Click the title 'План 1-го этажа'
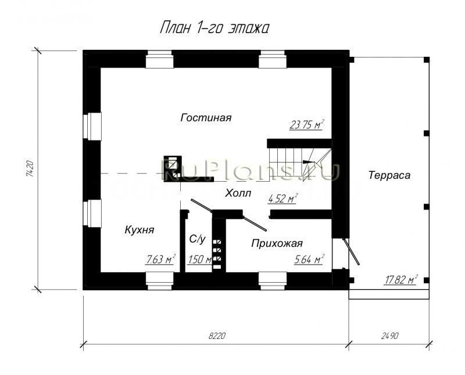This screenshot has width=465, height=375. (x=213, y=29)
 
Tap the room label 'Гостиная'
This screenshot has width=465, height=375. (x=206, y=118)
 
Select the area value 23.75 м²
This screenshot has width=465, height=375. (x=306, y=124)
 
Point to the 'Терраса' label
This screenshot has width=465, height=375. (x=389, y=175)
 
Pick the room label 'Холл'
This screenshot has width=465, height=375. (x=238, y=193)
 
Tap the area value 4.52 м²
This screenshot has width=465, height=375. (x=282, y=199)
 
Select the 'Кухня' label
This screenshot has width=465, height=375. (x=139, y=230)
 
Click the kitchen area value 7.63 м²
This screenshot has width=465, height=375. (x=160, y=259)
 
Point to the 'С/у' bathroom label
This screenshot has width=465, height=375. (x=198, y=239)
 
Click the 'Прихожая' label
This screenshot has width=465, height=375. (x=277, y=244)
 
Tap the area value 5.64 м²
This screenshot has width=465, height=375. (x=309, y=259)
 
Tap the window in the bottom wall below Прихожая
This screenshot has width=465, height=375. (x=270, y=281)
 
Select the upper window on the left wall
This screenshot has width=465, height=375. (x=92, y=126)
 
